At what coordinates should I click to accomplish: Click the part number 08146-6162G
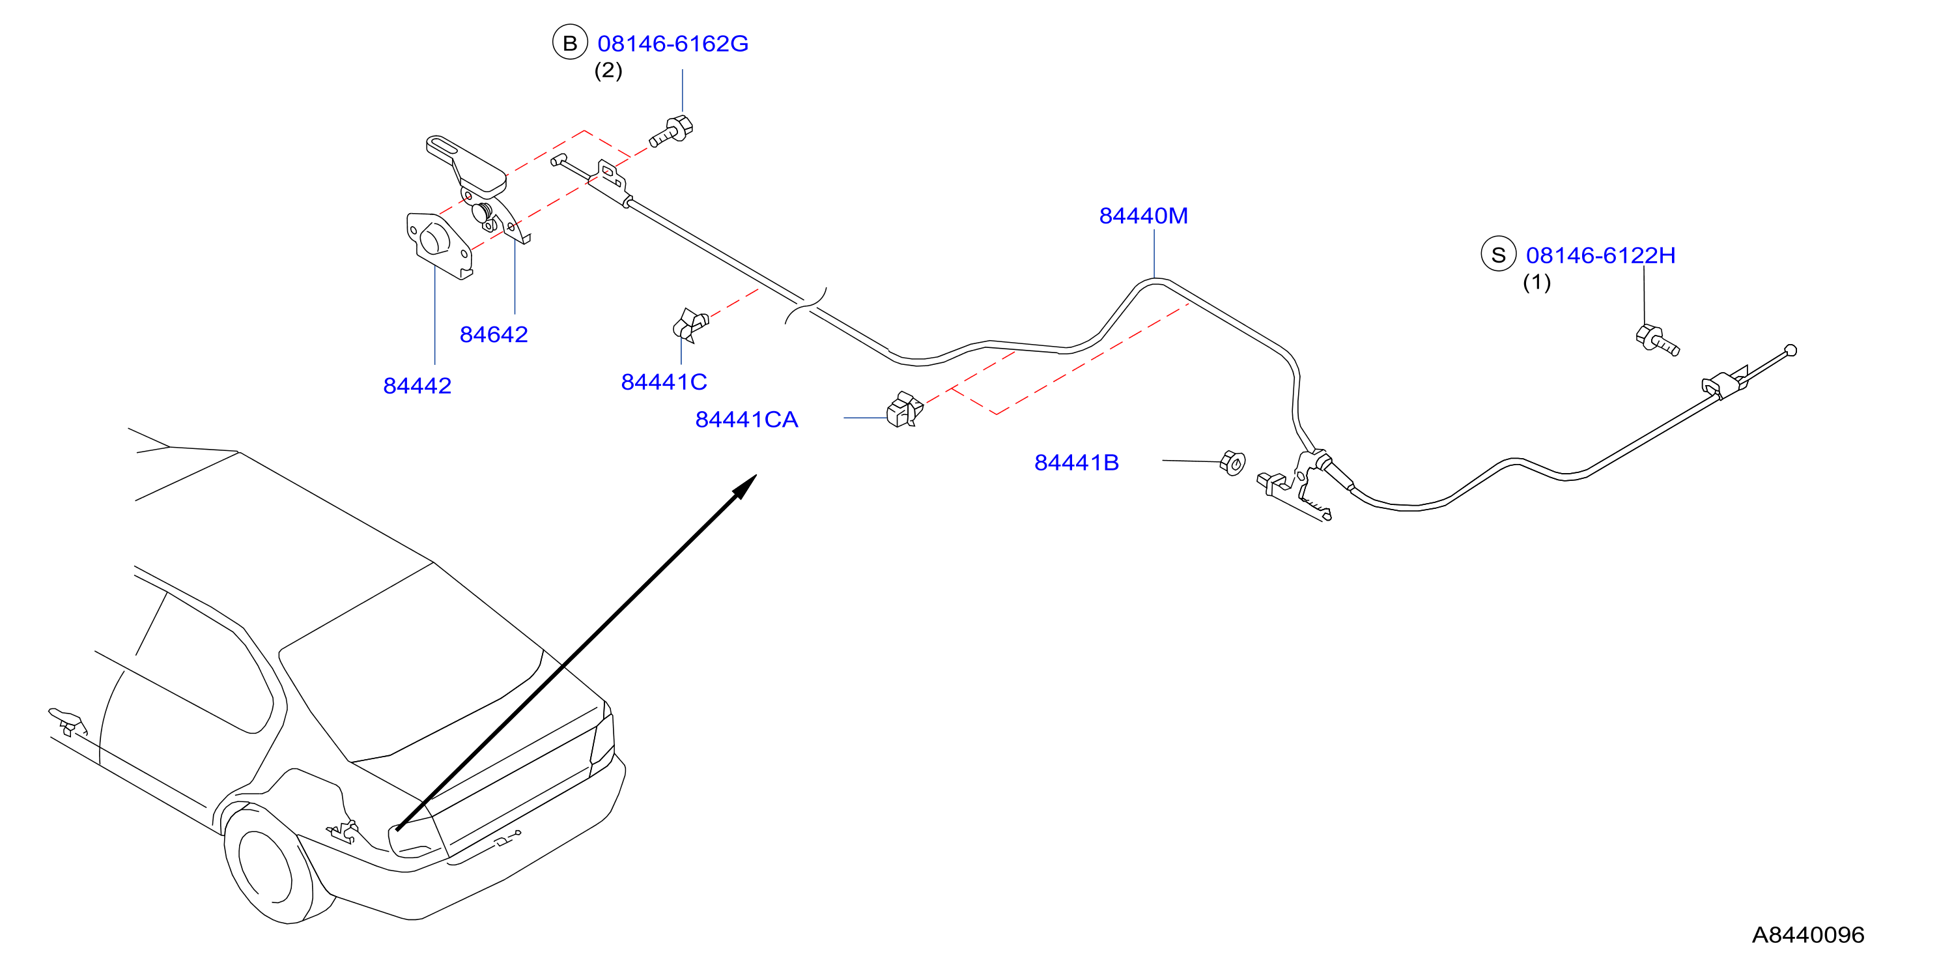click(x=673, y=44)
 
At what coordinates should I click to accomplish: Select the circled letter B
click(x=570, y=43)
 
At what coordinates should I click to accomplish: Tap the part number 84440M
click(x=1143, y=216)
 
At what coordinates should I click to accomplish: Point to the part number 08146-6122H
click(x=1601, y=255)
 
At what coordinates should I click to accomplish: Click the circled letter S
click(x=1498, y=255)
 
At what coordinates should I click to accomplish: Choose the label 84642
click(x=494, y=334)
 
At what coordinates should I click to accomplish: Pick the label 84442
click(x=417, y=386)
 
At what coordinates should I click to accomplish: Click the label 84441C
click(x=664, y=382)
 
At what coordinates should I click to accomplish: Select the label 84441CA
click(x=746, y=420)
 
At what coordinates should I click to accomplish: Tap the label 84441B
click(x=1077, y=463)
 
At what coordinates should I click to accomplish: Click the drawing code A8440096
click(x=1808, y=934)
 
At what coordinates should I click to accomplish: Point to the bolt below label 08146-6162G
click(x=672, y=131)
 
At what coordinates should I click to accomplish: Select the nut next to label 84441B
click(x=1232, y=463)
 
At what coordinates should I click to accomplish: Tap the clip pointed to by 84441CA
click(x=905, y=410)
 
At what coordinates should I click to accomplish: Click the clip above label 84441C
click(x=690, y=325)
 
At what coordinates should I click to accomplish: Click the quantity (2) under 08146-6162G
click(x=608, y=71)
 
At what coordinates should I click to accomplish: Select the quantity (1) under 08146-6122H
click(x=1536, y=282)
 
